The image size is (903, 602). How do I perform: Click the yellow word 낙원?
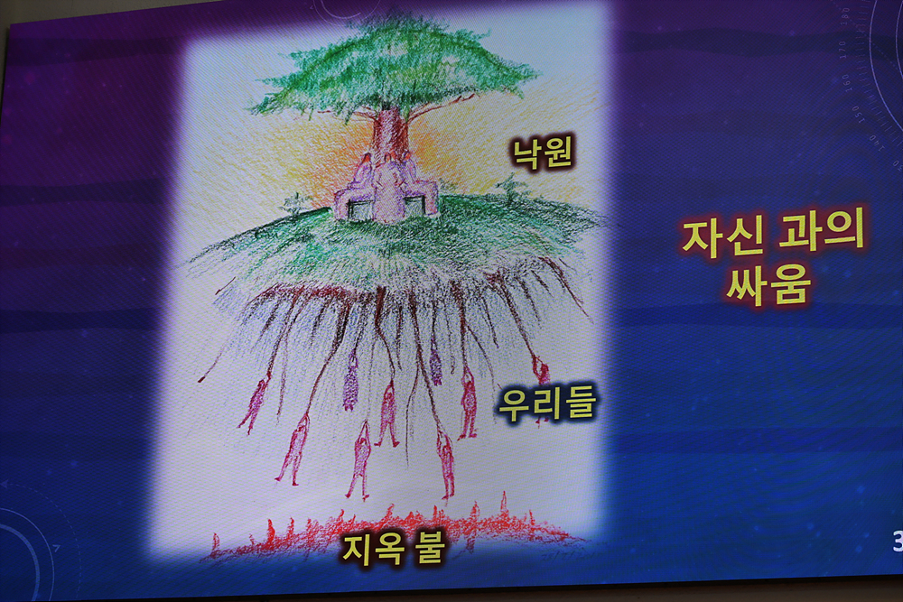(543, 153)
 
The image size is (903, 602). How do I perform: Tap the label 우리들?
(546, 403)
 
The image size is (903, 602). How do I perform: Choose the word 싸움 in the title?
(769, 283)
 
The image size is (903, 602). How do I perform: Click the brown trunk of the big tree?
(391, 134)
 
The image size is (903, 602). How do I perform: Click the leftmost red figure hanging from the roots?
(256, 403)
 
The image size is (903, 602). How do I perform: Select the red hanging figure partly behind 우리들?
(540, 380)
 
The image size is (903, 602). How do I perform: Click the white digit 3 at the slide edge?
(898, 541)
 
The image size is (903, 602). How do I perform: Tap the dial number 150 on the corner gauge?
(858, 113)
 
